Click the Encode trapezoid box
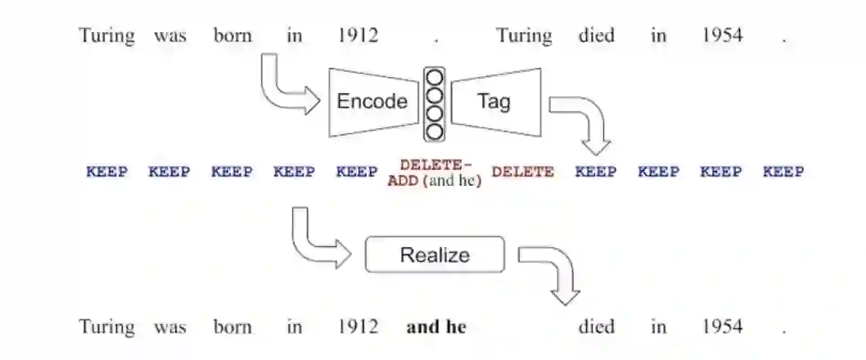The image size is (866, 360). pyautogui.click(x=370, y=102)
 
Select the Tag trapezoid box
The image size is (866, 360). pyautogui.click(x=495, y=102)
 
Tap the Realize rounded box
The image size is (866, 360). pyautogui.click(x=435, y=255)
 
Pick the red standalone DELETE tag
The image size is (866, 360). pyautogui.click(x=523, y=172)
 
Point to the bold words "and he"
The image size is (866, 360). pyautogui.click(x=435, y=326)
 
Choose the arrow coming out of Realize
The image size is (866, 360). pyautogui.click(x=553, y=273)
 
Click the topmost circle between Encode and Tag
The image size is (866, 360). pyautogui.click(x=435, y=78)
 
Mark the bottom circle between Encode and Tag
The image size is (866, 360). pyautogui.click(x=435, y=131)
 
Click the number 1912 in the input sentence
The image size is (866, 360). pyautogui.click(x=358, y=35)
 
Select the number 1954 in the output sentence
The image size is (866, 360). pyautogui.click(x=722, y=326)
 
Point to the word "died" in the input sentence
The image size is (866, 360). pyautogui.click(x=597, y=35)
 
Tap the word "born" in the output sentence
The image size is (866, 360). pyautogui.click(x=233, y=326)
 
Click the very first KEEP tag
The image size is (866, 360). pyautogui.click(x=107, y=172)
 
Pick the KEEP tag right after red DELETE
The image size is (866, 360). pyautogui.click(x=596, y=172)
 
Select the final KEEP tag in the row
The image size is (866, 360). pyautogui.click(x=783, y=172)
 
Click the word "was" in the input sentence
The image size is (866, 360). pyautogui.click(x=170, y=35)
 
